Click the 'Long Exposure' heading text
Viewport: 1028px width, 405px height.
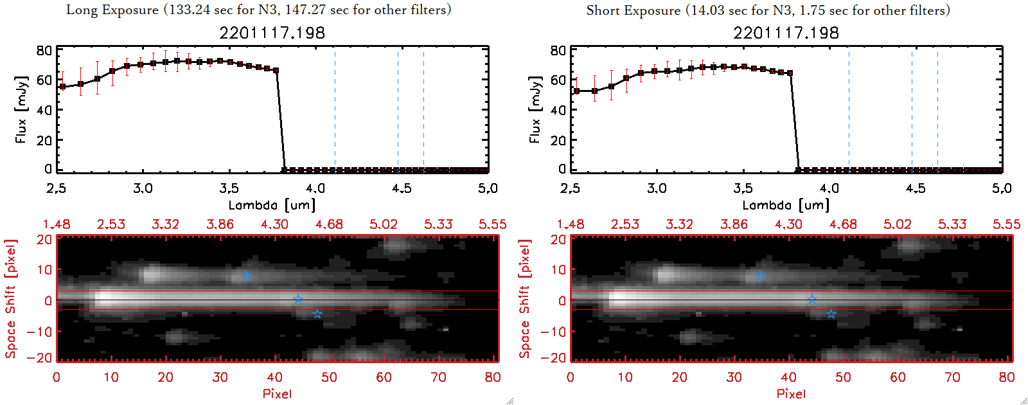click(112, 10)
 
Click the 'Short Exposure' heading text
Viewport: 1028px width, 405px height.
click(634, 10)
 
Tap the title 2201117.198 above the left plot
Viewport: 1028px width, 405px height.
click(272, 33)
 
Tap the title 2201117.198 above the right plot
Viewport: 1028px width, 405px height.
click(786, 33)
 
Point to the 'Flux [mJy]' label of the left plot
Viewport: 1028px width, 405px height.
click(21, 109)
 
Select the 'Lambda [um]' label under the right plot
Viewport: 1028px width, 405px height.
click(786, 205)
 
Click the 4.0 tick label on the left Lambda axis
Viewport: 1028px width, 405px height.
click(315, 188)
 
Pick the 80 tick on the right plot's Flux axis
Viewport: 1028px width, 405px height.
click(558, 51)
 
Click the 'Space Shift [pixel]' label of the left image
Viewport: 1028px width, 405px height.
click(11, 299)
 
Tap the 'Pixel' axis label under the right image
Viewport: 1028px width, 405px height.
click(791, 393)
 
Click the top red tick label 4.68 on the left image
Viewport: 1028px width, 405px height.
click(329, 224)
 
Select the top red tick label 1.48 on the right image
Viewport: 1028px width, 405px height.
click(571, 224)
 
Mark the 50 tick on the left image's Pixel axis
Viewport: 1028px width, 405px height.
click(329, 377)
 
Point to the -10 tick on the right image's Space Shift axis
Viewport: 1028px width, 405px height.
click(553, 332)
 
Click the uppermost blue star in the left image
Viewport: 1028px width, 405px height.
click(246, 276)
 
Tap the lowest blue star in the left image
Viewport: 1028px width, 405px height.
click(317, 314)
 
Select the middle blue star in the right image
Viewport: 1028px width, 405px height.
click(812, 299)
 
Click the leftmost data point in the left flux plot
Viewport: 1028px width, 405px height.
click(62, 87)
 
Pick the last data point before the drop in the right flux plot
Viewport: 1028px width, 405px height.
click(790, 73)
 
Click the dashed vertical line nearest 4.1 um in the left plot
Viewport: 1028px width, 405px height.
click(335, 109)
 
